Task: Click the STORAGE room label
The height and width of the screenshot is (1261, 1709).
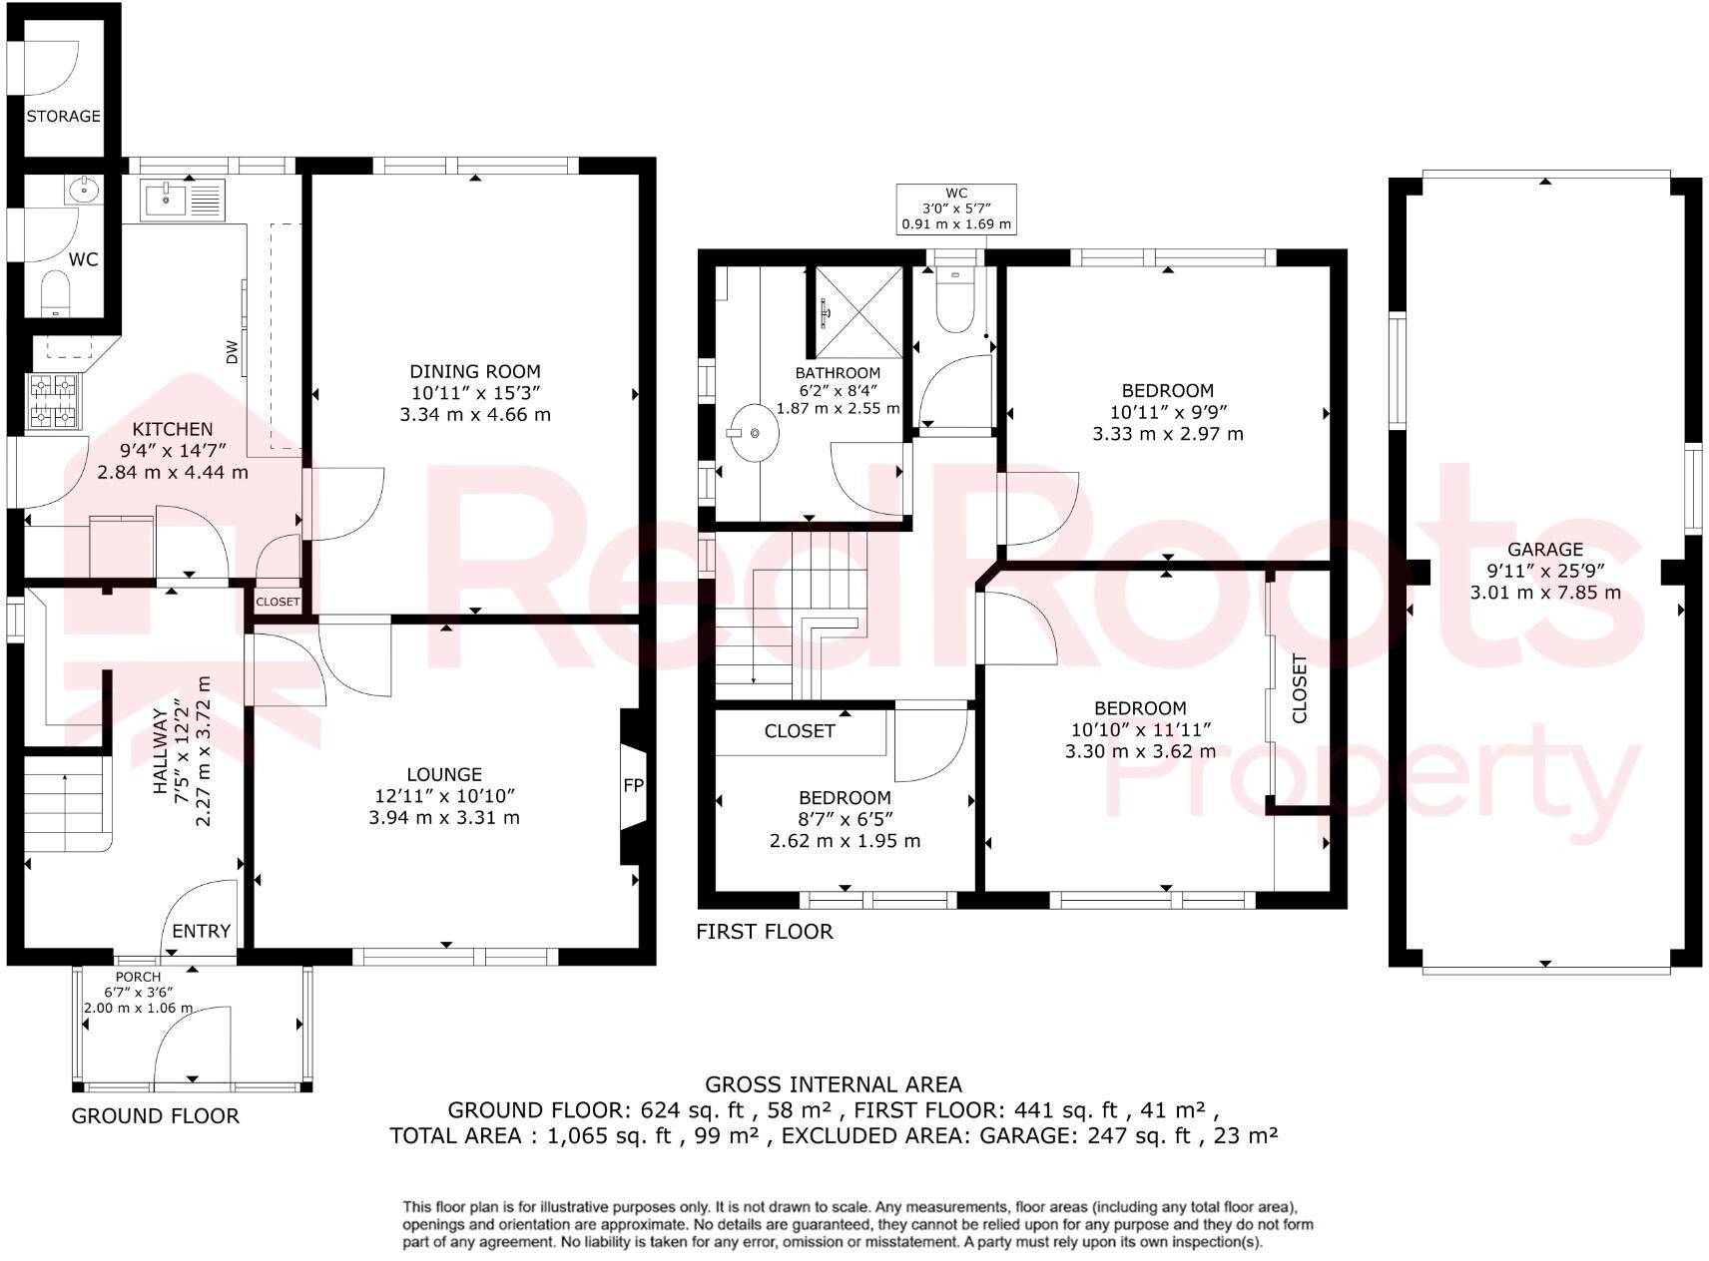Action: tap(63, 116)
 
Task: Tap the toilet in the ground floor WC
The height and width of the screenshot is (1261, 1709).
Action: tap(55, 294)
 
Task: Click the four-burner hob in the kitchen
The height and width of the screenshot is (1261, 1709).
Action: tap(55, 401)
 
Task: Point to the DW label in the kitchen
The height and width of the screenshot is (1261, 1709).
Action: tap(232, 351)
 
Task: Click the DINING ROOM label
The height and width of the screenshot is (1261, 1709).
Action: tap(475, 371)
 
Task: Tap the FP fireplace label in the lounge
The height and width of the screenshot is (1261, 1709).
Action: tap(633, 785)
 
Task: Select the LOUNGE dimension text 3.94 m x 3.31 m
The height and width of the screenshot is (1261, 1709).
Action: tap(444, 817)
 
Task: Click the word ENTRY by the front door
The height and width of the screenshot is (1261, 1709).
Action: tap(202, 931)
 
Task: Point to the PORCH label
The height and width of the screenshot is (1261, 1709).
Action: tap(138, 977)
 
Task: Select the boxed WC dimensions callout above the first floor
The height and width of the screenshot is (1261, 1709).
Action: tap(956, 210)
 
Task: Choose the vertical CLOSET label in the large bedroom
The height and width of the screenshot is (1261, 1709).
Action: tap(1299, 688)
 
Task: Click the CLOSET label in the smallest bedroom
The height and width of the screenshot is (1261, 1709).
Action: tap(799, 731)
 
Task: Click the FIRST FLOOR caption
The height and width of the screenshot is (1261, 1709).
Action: tap(765, 932)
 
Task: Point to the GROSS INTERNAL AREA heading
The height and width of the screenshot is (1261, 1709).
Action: tap(834, 1084)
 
